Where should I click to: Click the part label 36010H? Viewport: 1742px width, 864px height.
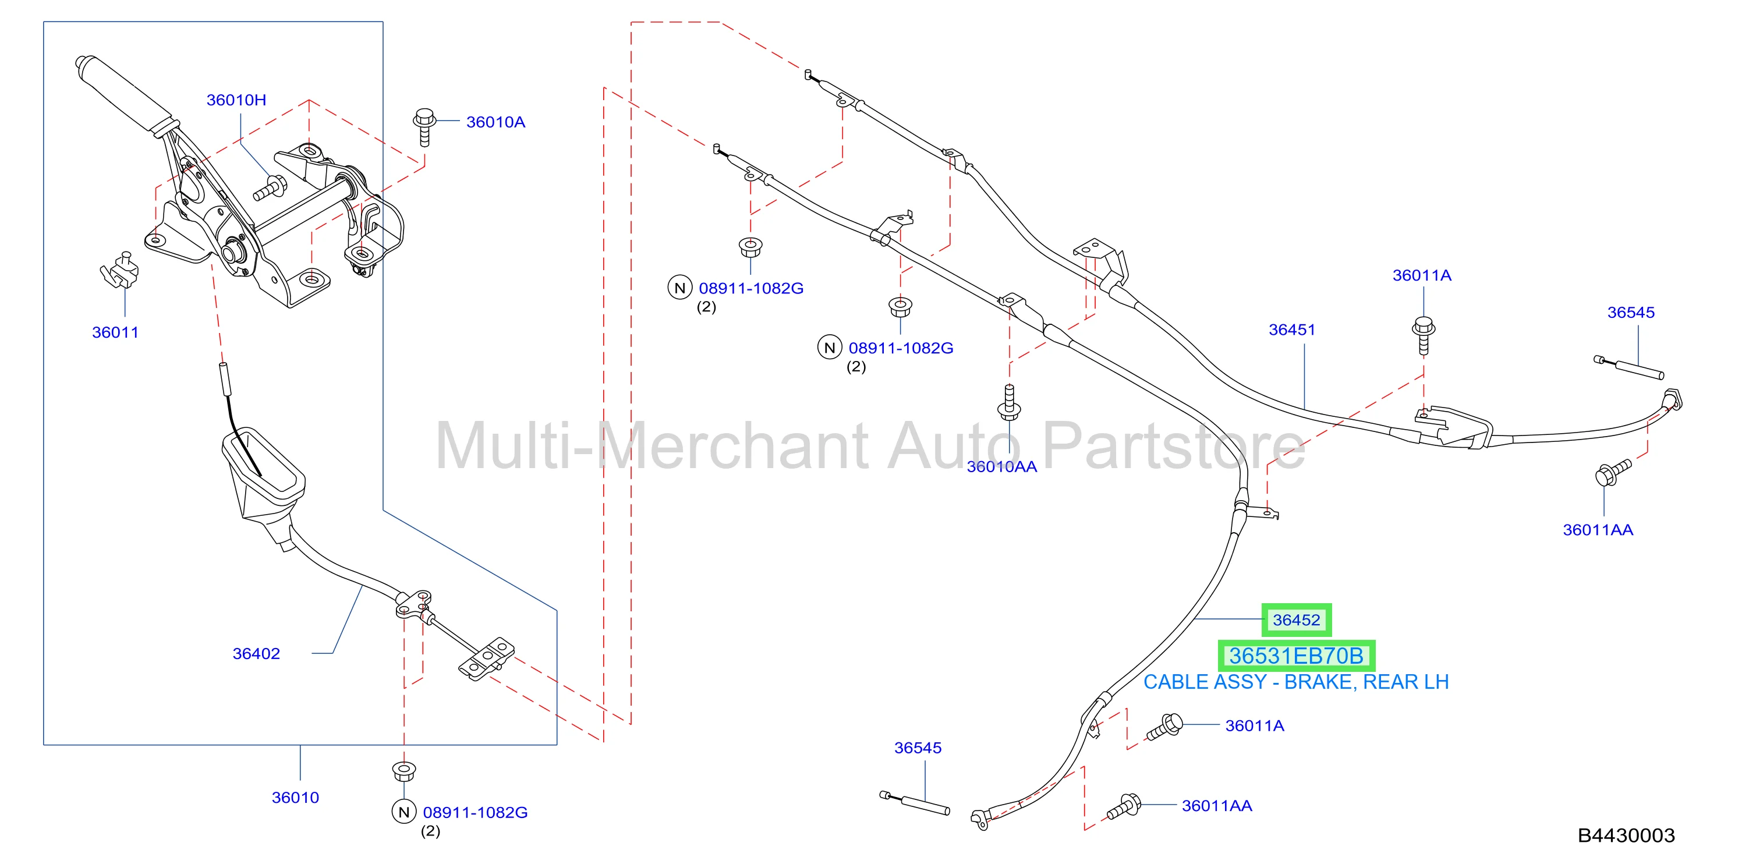[236, 100]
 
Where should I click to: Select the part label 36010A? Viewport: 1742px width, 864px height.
[495, 122]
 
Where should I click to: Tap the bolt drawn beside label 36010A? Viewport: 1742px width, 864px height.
[424, 126]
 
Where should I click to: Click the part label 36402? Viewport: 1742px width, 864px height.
[256, 654]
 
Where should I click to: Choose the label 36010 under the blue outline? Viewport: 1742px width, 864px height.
[296, 798]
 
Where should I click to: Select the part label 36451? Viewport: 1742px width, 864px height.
[1291, 330]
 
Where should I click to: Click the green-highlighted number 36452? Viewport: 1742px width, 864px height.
[1297, 620]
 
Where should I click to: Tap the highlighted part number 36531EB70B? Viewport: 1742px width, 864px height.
[1297, 656]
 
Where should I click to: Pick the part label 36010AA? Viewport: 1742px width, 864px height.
[1001, 466]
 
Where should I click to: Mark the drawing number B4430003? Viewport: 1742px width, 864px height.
[1626, 835]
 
